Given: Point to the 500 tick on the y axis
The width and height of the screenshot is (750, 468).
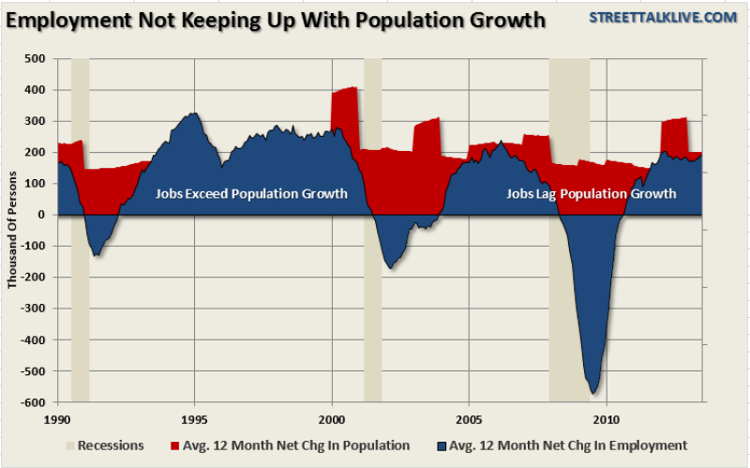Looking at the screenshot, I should click(x=36, y=59).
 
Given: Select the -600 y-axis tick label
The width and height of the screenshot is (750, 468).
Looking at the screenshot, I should click(x=34, y=402).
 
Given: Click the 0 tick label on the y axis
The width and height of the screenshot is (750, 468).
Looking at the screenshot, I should click(x=43, y=215).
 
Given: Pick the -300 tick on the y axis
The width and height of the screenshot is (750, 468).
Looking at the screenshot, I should click(x=34, y=309).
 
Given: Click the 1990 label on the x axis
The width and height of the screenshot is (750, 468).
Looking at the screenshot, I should click(x=58, y=417).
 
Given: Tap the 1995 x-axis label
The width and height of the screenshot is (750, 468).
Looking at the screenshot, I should click(x=195, y=417).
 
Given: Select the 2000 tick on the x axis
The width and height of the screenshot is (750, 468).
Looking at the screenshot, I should click(x=332, y=417).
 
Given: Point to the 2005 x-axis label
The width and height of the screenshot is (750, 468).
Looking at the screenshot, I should click(x=469, y=417).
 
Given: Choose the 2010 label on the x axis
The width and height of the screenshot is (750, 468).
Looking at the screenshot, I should click(x=606, y=417).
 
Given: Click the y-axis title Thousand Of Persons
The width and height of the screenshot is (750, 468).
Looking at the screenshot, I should click(x=13, y=230).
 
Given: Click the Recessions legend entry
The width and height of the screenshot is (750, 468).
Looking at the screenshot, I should click(x=105, y=445).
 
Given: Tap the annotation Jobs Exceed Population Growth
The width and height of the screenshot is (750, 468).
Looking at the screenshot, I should click(x=251, y=194).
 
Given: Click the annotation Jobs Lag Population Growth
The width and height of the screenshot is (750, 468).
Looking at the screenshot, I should click(x=591, y=194).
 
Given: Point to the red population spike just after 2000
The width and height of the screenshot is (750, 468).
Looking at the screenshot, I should click(x=344, y=103).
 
